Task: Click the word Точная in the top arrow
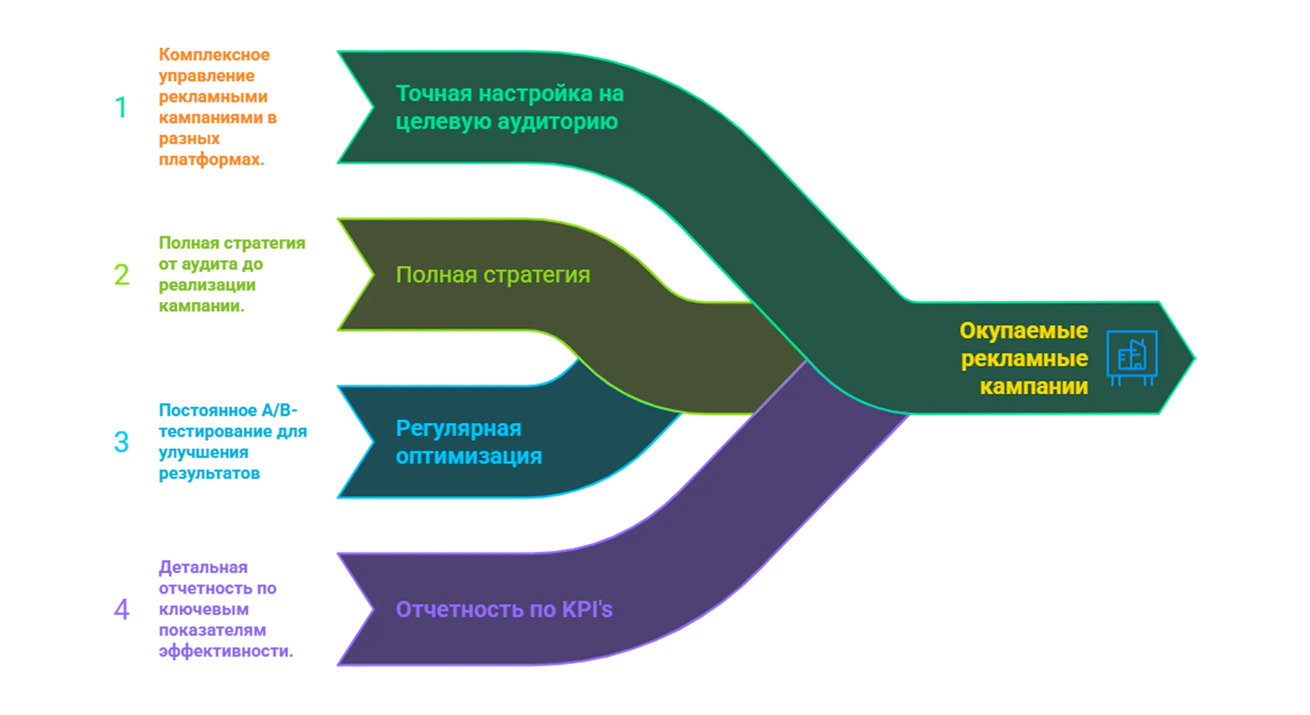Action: click(434, 94)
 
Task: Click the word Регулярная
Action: click(459, 428)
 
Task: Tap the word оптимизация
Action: click(468, 457)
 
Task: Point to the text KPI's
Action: click(587, 609)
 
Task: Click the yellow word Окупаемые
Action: click(1024, 330)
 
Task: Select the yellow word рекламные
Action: click(1024, 358)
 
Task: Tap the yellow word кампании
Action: click(1033, 386)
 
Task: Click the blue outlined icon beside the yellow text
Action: click(1132, 358)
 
